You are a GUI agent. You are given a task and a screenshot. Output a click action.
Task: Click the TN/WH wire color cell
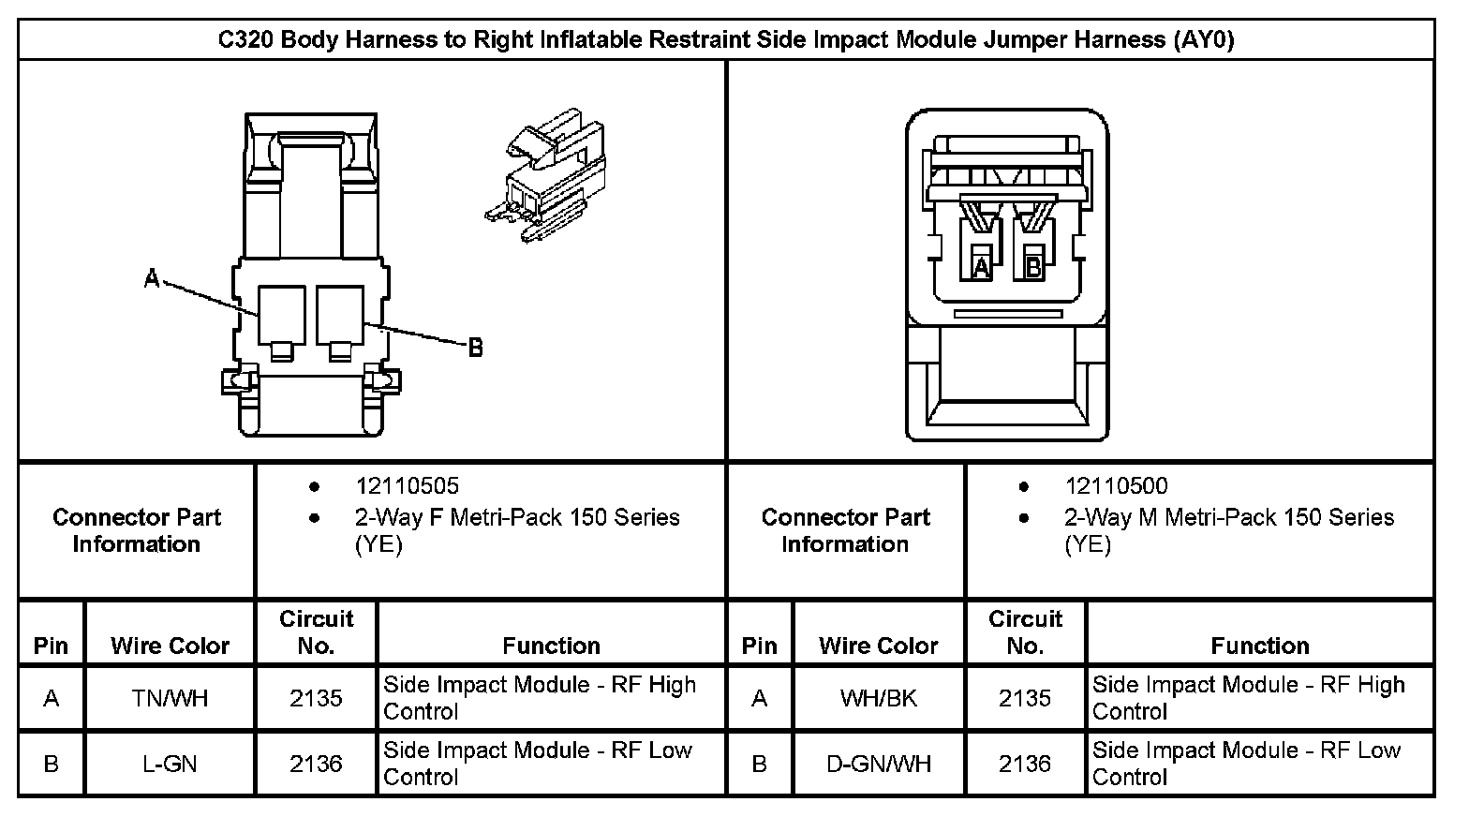pyautogui.click(x=170, y=698)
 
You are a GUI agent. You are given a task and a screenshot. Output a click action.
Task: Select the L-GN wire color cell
pyautogui.click(x=170, y=764)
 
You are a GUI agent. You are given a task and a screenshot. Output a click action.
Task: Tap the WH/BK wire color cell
pyautogui.click(x=878, y=698)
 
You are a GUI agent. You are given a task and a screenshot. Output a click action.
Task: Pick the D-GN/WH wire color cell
pyautogui.click(x=878, y=764)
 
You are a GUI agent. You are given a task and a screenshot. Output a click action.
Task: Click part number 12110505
pyautogui.click(x=407, y=485)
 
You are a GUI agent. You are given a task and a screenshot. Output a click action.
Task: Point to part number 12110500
pyautogui.click(x=1116, y=485)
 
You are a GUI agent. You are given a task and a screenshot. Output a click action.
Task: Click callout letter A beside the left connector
pyautogui.click(x=152, y=278)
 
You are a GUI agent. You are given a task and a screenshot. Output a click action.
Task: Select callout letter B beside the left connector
pyautogui.click(x=475, y=348)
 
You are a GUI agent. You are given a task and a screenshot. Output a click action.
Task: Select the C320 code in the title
pyautogui.click(x=246, y=40)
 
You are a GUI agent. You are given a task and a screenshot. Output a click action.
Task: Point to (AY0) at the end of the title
pyautogui.click(x=1203, y=40)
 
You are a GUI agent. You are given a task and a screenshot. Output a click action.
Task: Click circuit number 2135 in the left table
pyautogui.click(x=316, y=698)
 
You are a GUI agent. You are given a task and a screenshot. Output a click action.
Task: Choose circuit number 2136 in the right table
pyautogui.click(x=1024, y=764)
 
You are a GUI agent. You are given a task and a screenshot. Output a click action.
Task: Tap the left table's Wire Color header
pyautogui.click(x=170, y=646)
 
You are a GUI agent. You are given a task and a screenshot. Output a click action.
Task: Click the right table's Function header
pyautogui.click(x=1259, y=646)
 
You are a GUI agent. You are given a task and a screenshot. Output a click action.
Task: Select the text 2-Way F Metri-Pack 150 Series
pyautogui.click(x=517, y=517)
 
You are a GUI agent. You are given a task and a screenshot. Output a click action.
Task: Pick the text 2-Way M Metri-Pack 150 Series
pyautogui.click(x=1228, y=517)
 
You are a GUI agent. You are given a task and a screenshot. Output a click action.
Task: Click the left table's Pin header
pyautogui.click(x=51, y=646)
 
